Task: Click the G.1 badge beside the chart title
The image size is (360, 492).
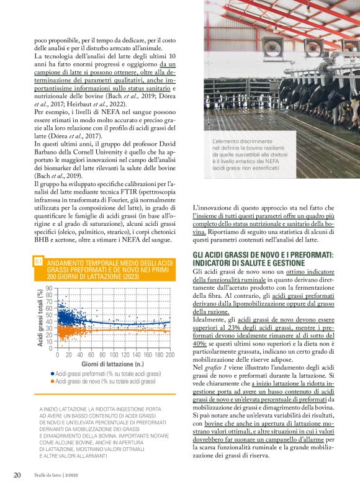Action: [39, 262]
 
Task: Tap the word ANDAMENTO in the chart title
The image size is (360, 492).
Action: [70, 262]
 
